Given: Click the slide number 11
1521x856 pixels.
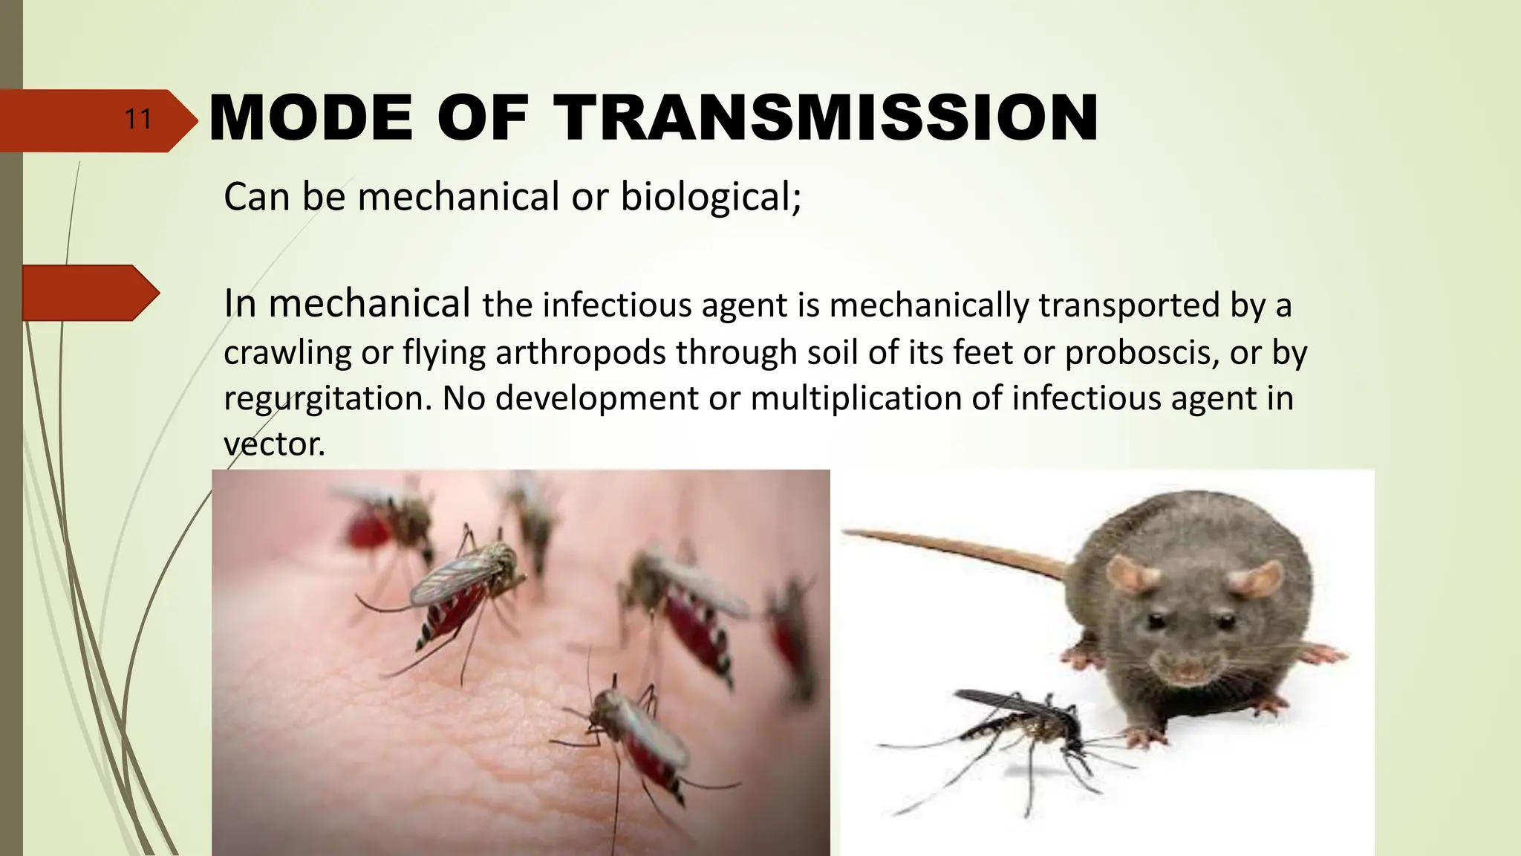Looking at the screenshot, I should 138,120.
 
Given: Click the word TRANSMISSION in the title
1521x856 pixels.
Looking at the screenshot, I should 828,118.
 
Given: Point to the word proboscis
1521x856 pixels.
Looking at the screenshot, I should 1141,353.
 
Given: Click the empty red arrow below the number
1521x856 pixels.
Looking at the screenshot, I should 89,293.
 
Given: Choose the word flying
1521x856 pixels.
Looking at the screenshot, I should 444,353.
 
